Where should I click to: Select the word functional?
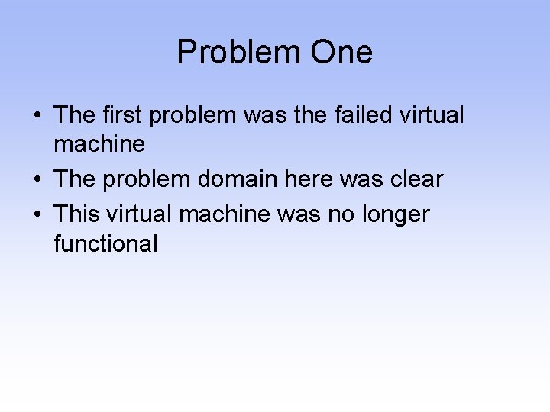(105, 243)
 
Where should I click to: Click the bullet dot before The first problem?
(37, 116)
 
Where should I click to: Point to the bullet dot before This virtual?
(37, 215)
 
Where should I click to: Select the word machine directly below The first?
(99, 144)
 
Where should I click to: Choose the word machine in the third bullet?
(225, 214)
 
